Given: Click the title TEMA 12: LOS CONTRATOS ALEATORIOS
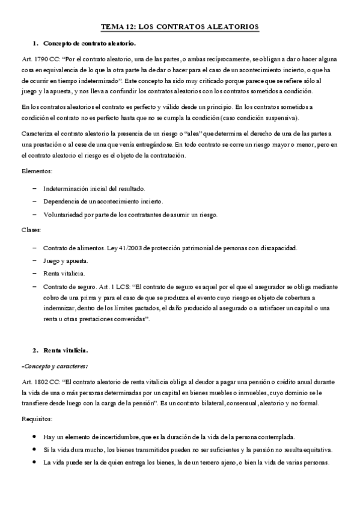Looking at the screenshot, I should pos(179,27).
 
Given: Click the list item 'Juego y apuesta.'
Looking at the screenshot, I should pos(66,261).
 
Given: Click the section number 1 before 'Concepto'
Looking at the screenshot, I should pos(35,44).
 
